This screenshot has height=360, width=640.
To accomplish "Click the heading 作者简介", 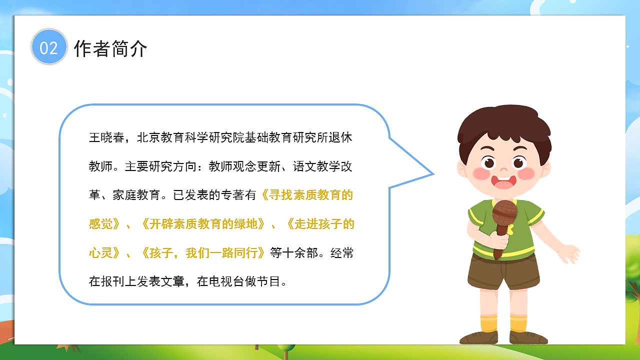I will pyautogui.click(x=110, y=48).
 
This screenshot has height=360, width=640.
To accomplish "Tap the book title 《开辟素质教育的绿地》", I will pyautogui.click(x=203, y=224).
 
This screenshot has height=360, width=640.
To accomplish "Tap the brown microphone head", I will pyautogui.click(x=504, y=213).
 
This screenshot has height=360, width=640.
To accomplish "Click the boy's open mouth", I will pyautogui.click(x=503, y=182).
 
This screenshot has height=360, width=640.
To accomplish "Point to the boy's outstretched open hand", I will pyautogui.click(x=568, y=252).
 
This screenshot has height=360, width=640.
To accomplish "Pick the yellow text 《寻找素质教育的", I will pyautogui.click(x=307, y=195).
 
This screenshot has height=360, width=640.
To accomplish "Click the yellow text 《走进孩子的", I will pyautogui.click(x=320, y=224).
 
